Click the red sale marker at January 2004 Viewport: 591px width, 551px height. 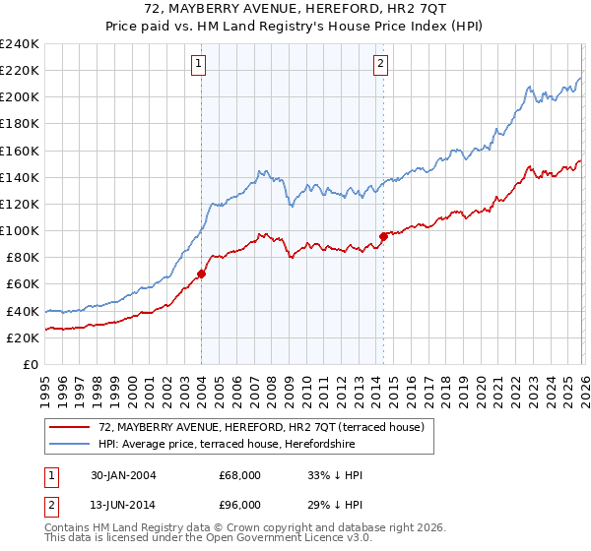pyautogui.click(x=201, y=274)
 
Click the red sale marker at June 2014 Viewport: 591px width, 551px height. pyautogui.click(x=382, y=236)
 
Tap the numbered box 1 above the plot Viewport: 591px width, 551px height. pyautogui.click(x=199, y=65)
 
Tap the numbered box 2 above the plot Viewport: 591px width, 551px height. pyautogui.click(x=381, y=65)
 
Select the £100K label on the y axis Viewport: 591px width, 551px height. pyautogui.click(x=20, y=230)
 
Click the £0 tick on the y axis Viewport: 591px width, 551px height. pyautogui.click(x=32, y=364)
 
